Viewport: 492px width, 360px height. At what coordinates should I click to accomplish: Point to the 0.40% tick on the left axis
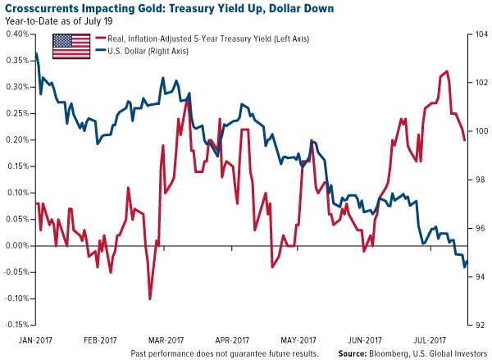17,34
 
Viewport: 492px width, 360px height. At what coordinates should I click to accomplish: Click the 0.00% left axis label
17,246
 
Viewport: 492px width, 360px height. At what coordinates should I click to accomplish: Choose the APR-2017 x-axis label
232,338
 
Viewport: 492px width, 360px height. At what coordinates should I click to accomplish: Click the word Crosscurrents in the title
44,8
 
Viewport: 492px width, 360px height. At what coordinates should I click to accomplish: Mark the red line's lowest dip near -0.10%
149,299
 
